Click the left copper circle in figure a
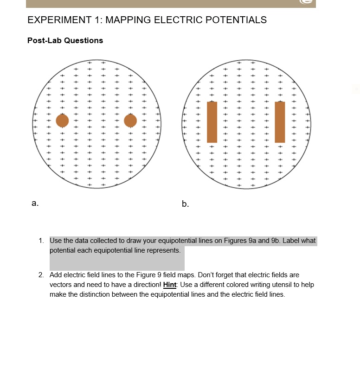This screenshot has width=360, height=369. click(x=62, y=121)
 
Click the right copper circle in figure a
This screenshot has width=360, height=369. click(x=131, y=121)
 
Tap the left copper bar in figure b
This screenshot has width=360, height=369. click(x=212, y=122)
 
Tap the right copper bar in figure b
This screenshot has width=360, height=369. click(x=280, y=122)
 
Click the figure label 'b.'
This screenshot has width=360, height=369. click(x=186, y=204)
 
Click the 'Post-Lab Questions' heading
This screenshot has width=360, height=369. click(x=65, y=40)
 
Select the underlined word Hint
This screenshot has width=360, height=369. click(x=170, y=285)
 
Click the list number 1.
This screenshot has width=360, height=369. click(x=41, y=241)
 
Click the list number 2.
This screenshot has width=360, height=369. click(x=41, y=275)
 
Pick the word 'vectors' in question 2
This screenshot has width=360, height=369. click(x=60, y=285)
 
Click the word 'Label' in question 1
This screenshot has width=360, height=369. click(x=292, y=241)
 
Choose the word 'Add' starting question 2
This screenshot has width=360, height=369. click(x=56, y=275)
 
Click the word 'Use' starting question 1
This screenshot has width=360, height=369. click(x=55, y=241)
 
